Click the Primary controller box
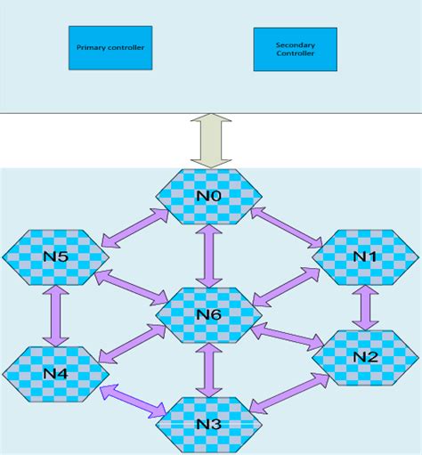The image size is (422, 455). pos(110,47)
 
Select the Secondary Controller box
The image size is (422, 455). pos(295,49)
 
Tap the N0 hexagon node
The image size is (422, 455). pos(209,194)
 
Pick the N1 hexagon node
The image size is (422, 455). pos(363,256)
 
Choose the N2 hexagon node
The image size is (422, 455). pos(364,357)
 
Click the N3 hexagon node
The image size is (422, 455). pos(209,423)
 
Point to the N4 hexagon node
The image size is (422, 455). pos(55,372)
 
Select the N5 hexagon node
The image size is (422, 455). pos(55,256)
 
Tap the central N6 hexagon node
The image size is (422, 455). pos(209,313)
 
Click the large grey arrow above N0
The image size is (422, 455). pos(211,141)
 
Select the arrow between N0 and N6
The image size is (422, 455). pos(209,255)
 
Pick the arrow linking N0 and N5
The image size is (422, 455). pos(135,229)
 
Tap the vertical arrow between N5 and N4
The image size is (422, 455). pos(58,314)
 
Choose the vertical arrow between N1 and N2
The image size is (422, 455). pos(363,307)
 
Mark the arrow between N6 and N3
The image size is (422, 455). pos(209,369)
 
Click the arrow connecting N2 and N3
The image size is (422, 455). pos(290,393)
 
